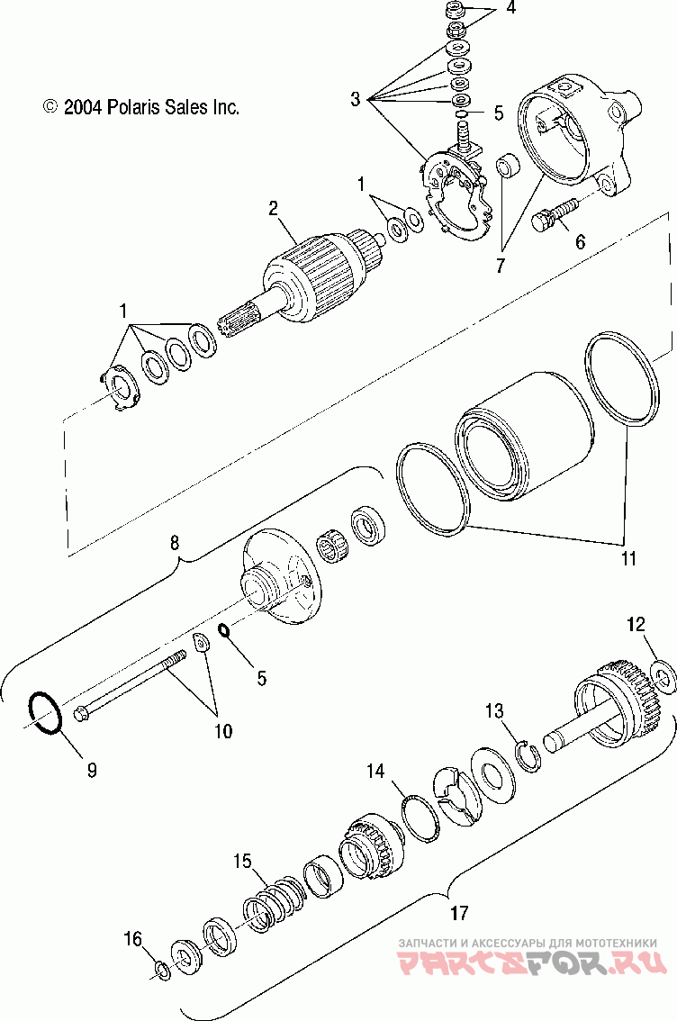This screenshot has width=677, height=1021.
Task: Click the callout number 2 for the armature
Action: pos(273,209)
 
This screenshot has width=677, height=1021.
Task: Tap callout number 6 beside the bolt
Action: pos(580,241)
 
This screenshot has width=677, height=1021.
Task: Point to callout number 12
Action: pos(636,624)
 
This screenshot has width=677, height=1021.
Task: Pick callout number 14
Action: pos(375,771)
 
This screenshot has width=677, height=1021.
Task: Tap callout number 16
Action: pos(133,939)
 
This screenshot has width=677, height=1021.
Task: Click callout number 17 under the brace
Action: pos(458,913)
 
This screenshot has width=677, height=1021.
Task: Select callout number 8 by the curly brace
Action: pos(175,542)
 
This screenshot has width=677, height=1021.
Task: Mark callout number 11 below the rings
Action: pos(627,558)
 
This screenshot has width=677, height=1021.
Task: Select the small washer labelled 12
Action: pos(658,674)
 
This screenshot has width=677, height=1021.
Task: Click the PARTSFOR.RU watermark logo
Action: pos(533,964)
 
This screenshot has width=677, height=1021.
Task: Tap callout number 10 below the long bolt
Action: pos(221,730)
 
